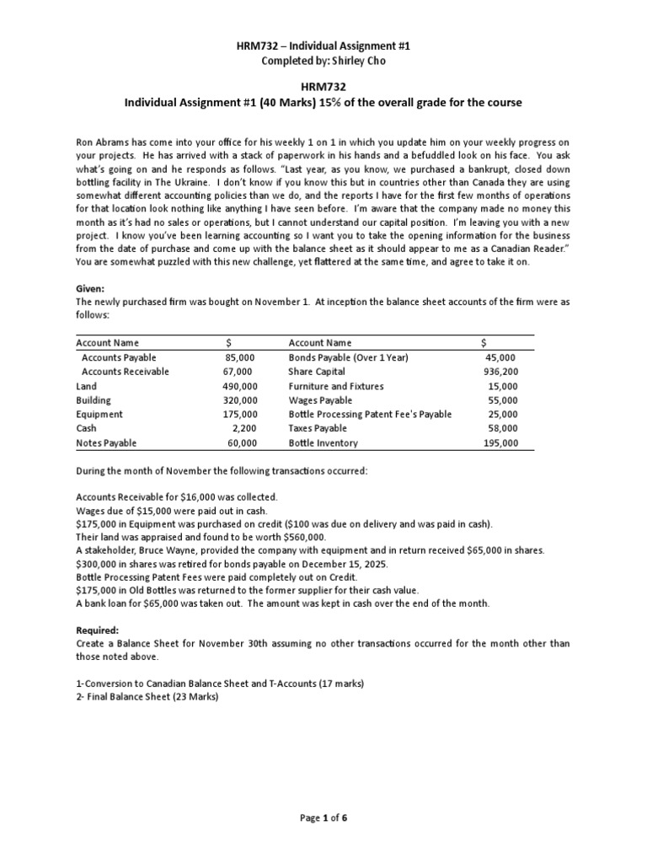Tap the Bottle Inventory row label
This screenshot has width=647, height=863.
click(x=323, y=442)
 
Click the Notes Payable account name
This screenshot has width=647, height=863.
click(x=106, y=442)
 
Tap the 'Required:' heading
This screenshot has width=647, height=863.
click(x=98, y=630)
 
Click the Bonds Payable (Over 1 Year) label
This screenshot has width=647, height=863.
click(x=348, y=357)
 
